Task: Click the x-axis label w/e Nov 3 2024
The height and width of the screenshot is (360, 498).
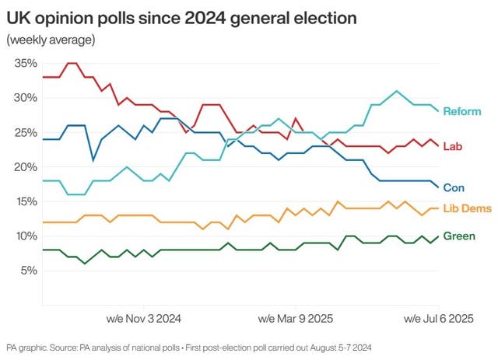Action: [143, 318]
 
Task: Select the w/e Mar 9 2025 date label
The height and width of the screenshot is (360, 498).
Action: [296, 318]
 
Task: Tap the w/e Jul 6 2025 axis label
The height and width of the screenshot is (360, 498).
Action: [437, 318]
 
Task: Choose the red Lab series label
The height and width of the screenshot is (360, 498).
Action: [453, 146]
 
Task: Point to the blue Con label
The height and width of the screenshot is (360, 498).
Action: [454, 187]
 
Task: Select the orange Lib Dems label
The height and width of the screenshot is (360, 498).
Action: [466, 208]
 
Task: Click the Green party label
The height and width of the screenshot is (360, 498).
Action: [459, 236]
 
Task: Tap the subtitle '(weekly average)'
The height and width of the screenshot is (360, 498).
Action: [51, 39]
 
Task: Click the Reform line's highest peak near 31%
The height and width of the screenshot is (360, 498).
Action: [397, 91]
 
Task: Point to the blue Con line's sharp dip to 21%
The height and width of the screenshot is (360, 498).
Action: [93, 160]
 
